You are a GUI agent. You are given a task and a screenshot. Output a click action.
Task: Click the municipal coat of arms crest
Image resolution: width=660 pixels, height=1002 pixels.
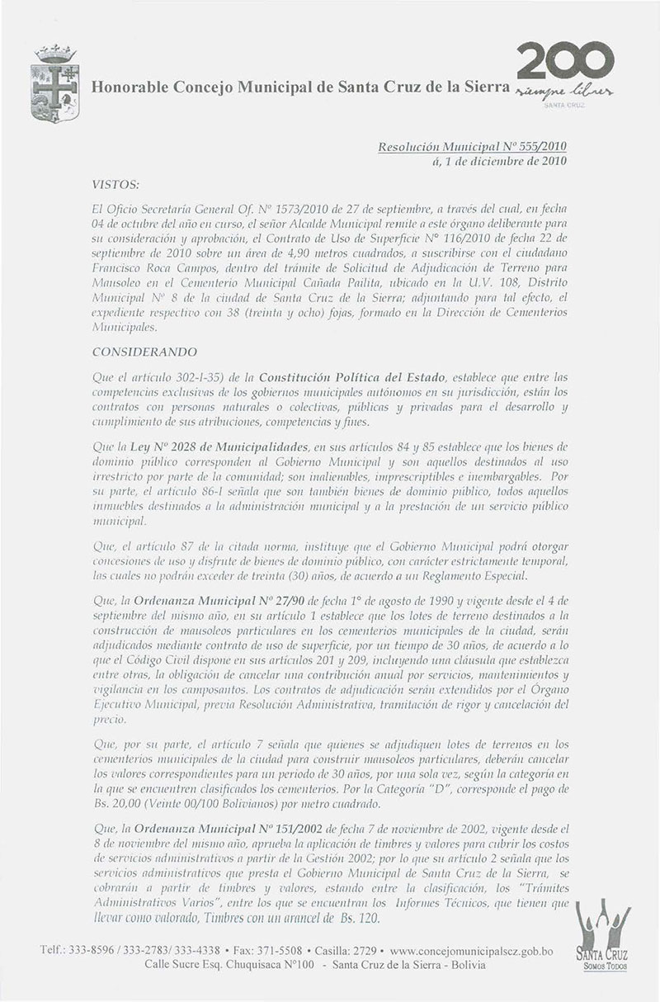coord(51,85)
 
